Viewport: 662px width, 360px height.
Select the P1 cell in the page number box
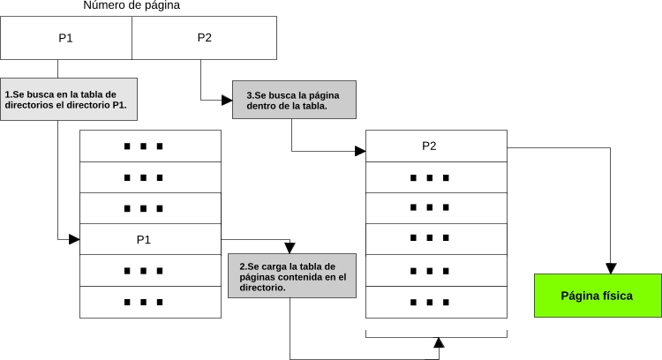coord(66,38)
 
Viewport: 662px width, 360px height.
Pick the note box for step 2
coord(291,276)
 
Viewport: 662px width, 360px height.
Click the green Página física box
coord(597,296)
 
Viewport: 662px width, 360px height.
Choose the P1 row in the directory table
coord(150,239)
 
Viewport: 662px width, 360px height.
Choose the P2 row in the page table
coord(436,146)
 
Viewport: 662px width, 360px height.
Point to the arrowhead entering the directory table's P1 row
coord(74,239)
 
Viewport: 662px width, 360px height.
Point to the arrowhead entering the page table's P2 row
coord(360,151)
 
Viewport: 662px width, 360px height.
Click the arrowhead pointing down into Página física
coord(609,267)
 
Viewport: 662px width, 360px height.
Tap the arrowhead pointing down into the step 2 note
coord(290,248)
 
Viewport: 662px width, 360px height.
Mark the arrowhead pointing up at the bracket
coord(438,342)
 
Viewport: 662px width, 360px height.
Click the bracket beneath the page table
coord(436,334)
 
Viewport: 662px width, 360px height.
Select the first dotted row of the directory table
coord(150,146)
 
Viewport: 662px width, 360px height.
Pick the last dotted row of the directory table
coord(150,302)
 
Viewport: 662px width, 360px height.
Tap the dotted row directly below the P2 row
coord(436,177)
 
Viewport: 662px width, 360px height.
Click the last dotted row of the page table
coord(436,302)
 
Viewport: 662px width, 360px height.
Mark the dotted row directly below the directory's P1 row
coord(150,271)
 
